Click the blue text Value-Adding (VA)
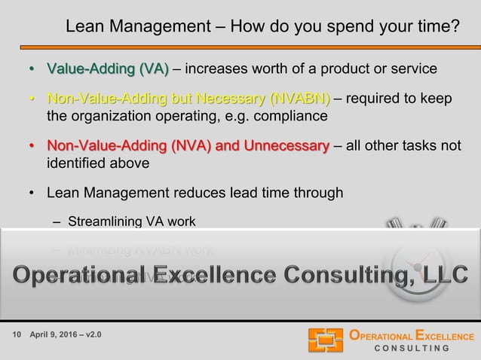108,70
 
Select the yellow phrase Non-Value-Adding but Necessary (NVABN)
188,99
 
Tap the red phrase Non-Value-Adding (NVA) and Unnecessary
188,145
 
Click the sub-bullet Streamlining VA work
131,222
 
